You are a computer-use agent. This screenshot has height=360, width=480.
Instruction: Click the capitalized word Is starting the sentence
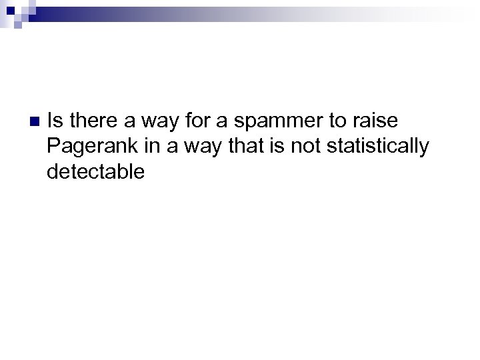(x=56, y=121)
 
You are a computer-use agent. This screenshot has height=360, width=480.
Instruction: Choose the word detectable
(x=96, y=171)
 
